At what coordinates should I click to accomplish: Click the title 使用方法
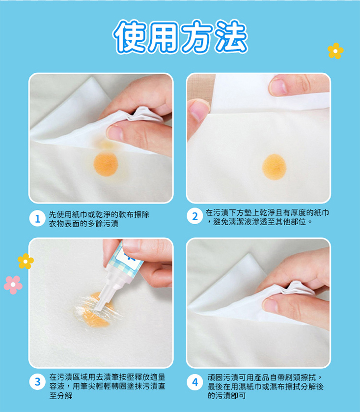180,36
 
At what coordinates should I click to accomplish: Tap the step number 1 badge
36,219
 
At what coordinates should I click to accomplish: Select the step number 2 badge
195,217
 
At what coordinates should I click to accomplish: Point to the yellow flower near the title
335,51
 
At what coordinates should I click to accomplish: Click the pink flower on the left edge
13,284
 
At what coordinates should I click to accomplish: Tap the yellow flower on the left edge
26,261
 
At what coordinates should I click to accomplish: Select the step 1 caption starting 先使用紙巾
97,219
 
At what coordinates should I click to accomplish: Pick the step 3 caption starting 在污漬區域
107,386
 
